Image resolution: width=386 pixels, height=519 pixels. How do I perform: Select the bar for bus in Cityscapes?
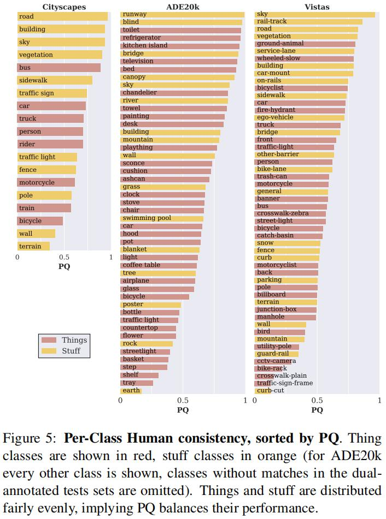59,68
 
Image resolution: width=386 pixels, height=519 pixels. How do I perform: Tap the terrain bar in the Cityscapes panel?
33,246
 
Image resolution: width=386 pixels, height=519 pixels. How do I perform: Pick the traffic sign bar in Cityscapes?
52,93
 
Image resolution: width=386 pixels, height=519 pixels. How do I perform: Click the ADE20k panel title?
182,7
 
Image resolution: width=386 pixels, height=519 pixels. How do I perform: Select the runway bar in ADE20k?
182,14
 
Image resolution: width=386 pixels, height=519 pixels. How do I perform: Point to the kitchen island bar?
180,46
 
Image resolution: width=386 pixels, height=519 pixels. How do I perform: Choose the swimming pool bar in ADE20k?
162,218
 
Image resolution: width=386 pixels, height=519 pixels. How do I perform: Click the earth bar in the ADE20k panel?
131,391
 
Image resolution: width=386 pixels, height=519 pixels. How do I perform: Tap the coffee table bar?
159,265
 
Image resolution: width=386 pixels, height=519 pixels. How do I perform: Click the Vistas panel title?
317,7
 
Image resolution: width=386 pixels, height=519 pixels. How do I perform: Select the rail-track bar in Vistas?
308,22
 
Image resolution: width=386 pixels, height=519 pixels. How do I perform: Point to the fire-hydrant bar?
300,110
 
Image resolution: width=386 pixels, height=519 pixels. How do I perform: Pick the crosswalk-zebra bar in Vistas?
290,213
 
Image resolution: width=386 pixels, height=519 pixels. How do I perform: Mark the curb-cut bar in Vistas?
270,391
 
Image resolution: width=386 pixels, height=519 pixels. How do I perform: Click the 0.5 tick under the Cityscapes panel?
65,257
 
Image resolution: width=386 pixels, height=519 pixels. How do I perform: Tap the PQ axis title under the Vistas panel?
317,410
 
